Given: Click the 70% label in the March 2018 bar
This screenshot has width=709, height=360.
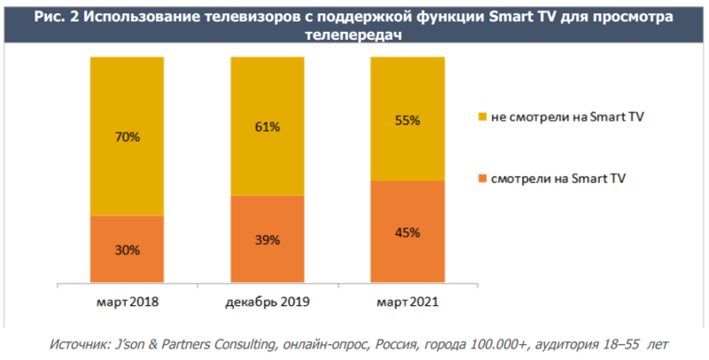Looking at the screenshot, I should coord(127,137).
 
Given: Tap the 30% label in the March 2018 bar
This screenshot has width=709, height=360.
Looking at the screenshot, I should coord(127,251).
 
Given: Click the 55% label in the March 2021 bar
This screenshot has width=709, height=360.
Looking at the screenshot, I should coord(408,119).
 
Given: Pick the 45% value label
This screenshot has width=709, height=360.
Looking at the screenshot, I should coord(408,232).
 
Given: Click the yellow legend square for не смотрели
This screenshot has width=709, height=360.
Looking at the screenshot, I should coord(482,117).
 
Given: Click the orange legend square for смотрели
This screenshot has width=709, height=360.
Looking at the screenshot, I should coord(482,179).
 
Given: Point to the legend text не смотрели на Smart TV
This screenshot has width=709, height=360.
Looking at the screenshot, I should coord(561,117).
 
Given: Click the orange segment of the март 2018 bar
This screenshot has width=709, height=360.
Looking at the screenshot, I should coord(127,266).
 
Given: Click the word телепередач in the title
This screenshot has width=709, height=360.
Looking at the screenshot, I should coord(354,35).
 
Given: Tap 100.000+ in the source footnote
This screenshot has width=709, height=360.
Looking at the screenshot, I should coord(482,343).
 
